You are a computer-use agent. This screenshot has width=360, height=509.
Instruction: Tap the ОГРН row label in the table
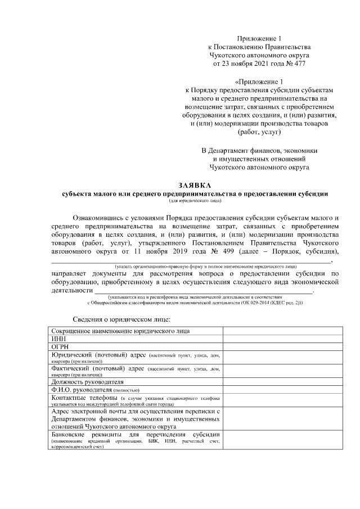coord(60,347)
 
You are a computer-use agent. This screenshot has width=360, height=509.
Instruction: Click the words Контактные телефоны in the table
coord(82,398)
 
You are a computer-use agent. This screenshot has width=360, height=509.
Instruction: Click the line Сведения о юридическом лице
coord(116,319)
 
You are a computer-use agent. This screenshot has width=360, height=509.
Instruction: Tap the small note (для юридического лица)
coord(194,200)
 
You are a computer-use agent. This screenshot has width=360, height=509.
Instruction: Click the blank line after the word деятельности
coord(202,290)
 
